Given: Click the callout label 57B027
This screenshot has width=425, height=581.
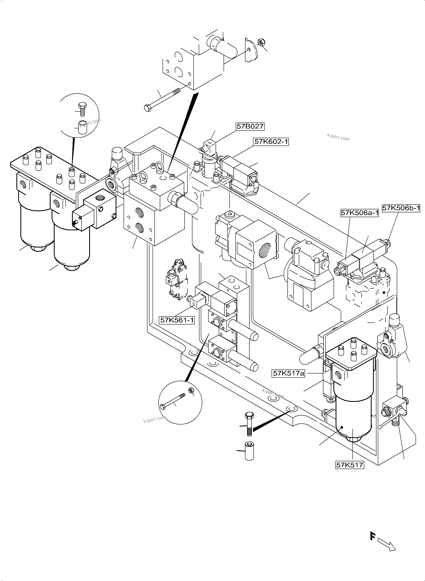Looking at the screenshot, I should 250,126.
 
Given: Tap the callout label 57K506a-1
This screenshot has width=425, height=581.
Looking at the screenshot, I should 360,213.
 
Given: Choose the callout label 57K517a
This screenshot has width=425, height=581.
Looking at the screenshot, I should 288,373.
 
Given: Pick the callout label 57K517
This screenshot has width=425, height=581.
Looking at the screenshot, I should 350,465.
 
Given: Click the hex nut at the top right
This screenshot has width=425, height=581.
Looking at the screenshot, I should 261,42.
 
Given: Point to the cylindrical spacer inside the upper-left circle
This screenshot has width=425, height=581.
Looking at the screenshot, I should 83,127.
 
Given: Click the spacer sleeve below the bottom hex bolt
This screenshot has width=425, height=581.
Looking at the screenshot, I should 249,451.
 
